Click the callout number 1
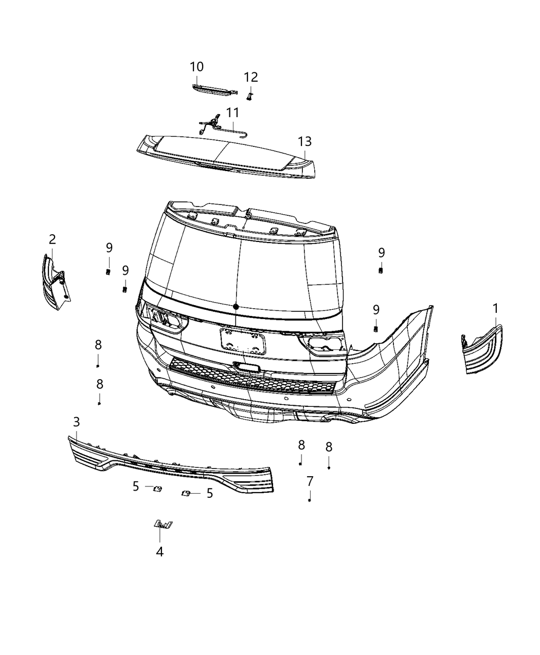[x=495, y=309]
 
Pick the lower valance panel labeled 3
[x=170, y=465]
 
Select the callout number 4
[x=160, y=552]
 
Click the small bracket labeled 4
[x=164, y=524]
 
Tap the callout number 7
[x=310, y=481]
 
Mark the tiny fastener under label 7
[x=310, y=500]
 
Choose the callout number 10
[x=196, y=67]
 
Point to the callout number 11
[x=232, y=113]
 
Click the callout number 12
[x=250, y=77]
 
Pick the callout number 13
[x=304, y=141]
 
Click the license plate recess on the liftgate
[x=243, y=341]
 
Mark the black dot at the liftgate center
[x=236, y=306]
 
